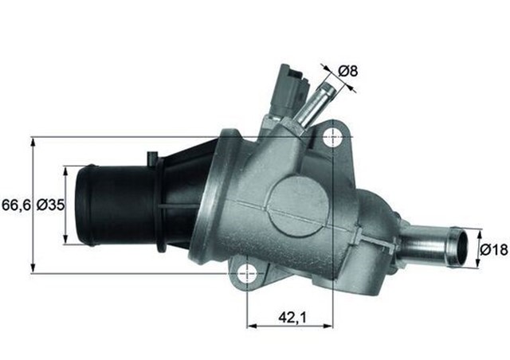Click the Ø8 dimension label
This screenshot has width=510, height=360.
[x=347, y=71]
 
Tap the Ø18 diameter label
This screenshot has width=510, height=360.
[x=494, y=250]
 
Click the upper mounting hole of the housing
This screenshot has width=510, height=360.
[x=331, y=137]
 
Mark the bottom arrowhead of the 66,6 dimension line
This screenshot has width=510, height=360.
[x=33, y=268]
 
